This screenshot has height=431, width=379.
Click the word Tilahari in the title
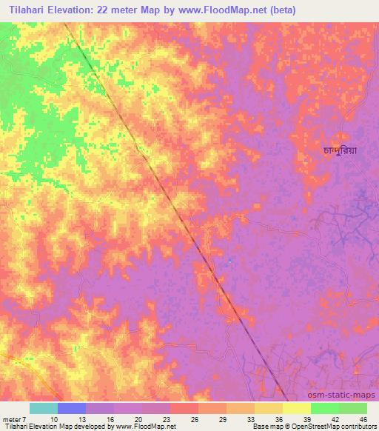[x=28, y=10]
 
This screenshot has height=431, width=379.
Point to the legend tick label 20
[x=139, y=419]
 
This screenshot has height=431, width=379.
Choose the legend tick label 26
[x=195, y=419]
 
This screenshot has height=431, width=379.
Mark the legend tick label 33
[x=251, y=419]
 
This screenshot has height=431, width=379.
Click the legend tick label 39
[x=306, y=419]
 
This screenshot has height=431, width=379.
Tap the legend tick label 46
[x=362, y=419]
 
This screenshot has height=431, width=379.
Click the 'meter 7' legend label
[x=14, y=419]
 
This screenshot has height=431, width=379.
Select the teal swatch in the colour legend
[x=44, y=408]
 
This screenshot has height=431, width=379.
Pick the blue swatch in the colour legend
[x=72, y=408]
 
